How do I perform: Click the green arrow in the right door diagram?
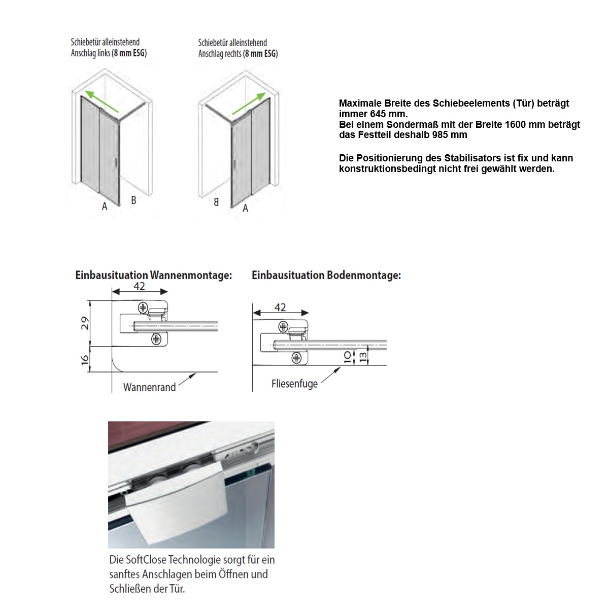248,105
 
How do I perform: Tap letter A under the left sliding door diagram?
104,207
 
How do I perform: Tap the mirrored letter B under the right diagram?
216,202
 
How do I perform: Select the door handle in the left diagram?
116,163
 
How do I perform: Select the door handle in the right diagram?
234,163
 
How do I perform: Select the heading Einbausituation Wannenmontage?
153,276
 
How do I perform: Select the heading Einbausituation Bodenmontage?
326,276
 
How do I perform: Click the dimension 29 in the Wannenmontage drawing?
85,323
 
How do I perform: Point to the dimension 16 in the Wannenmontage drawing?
85,359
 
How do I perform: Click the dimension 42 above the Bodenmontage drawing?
280,307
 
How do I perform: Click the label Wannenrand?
149,387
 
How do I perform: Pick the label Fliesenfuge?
294,383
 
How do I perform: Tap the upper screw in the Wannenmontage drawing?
144,308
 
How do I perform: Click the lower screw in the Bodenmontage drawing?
296,358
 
